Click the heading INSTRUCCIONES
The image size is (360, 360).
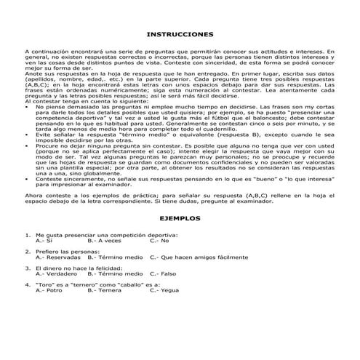coord(180,34)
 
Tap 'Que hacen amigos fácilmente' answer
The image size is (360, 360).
coord(199,257)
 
